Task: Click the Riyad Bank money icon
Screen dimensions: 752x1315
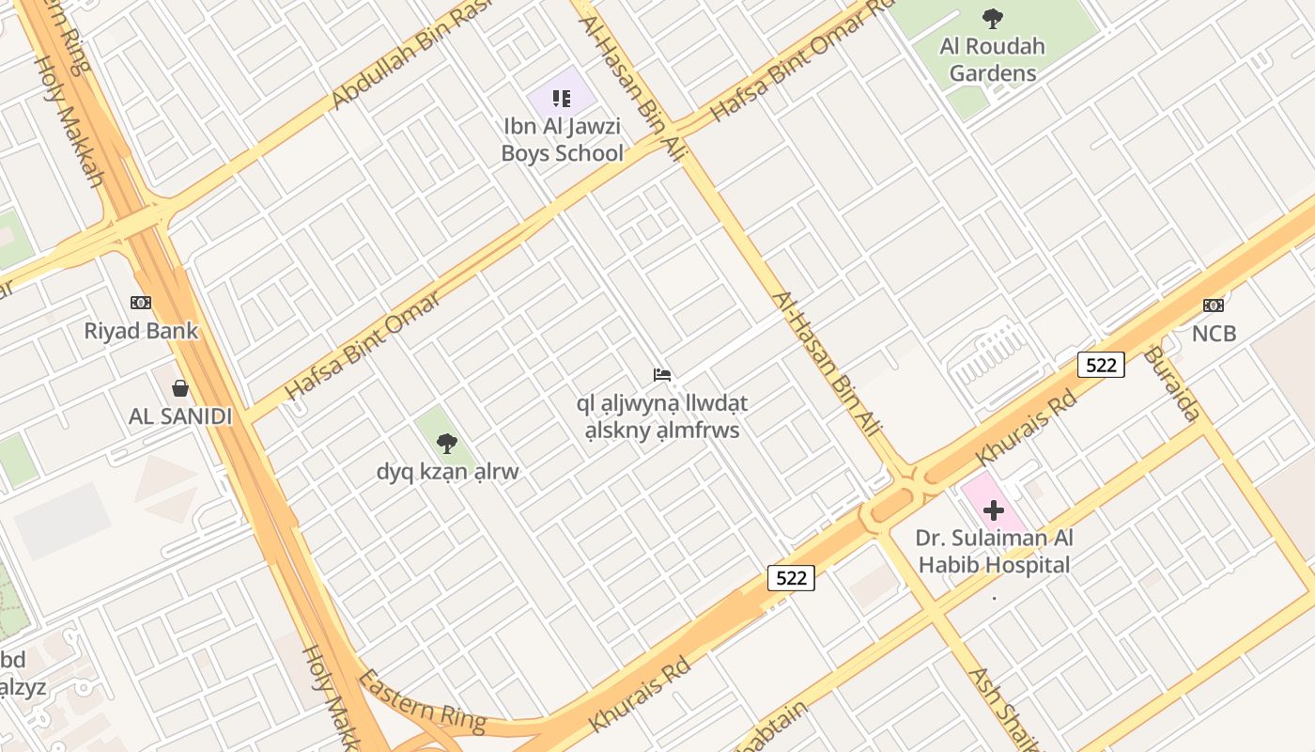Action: [x=141, y=303]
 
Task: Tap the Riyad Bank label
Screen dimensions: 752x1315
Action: [x=141, y=331]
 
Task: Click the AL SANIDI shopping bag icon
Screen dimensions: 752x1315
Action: [x=179, y=388]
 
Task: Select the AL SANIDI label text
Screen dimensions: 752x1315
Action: [x=179, y=416]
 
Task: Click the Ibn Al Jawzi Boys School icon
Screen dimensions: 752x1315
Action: [x=562, y=98]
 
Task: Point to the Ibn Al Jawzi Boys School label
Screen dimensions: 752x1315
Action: [x=562, y=139]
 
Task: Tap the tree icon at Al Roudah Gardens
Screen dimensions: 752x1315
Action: [x=992, y=18]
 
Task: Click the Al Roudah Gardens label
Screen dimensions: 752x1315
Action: [x=992, y=59]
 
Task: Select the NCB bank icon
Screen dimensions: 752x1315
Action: [x=1214, y=305]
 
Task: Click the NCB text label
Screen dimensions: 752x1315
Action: [x=1214, y=333]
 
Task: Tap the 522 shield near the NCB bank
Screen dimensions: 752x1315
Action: [x=1100, y=365]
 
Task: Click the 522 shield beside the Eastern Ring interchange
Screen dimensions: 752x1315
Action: [x=791, y=577]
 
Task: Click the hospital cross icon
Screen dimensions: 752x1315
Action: [x=993, y=510]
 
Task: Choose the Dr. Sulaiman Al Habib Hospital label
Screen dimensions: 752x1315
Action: [x=994, y=552]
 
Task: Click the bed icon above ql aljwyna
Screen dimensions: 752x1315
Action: [x=662, y=375]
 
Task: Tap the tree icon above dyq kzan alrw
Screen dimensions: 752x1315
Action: [x=447, y=443]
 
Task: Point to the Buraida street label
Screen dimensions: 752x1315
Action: [x=1172, y=384]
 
